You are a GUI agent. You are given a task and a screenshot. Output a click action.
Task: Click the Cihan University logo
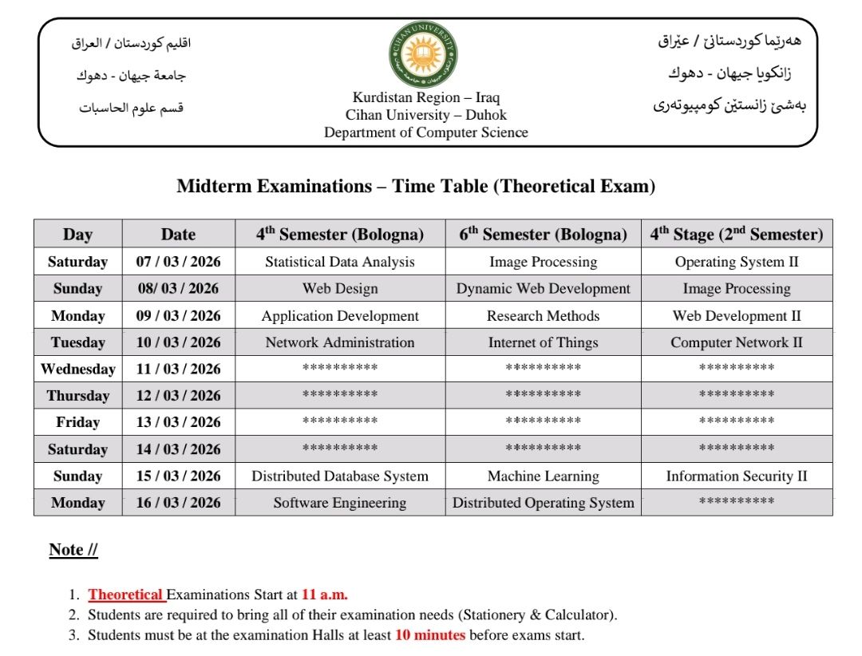click(x=423, y=55)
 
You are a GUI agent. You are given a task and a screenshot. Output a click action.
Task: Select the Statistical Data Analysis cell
click(x=340, y=262)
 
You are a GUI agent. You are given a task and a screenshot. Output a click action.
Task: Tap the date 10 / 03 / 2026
click(x=178, y=342)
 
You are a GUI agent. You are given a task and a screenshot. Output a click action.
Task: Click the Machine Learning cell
click(x=543, y=476)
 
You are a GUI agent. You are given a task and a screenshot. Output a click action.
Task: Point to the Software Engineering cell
click(x=340, y=503)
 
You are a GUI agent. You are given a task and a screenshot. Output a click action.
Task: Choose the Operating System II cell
click(x=736, y=262)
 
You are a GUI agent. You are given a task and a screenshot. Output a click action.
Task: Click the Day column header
click(x=77, y=234)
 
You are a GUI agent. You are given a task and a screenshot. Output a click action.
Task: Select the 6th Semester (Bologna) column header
click(x=543, y=234)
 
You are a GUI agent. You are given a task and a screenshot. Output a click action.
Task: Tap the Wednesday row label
click(x=77, y=369)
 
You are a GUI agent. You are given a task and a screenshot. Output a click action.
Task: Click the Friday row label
click(x=77, y=422)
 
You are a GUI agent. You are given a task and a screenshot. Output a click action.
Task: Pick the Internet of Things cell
click(x=543, y=342)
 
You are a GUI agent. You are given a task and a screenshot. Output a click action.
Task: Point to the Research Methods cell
click(x=543, y=316)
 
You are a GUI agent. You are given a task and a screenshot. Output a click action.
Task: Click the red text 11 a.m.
click(x=324, y=595)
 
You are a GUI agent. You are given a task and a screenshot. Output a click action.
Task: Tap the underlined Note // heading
click(x=73, y=550)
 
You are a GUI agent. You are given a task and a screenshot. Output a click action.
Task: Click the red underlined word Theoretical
click(x=125, y=595)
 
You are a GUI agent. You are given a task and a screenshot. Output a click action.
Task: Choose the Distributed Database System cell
click(x=340, y=476)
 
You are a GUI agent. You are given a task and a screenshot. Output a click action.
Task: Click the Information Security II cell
click(x=736, y=476)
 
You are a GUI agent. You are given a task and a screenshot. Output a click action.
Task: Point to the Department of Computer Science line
click(x=425, y=132)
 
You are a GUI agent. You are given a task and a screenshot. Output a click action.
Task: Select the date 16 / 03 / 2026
click(x=178, y=503)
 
